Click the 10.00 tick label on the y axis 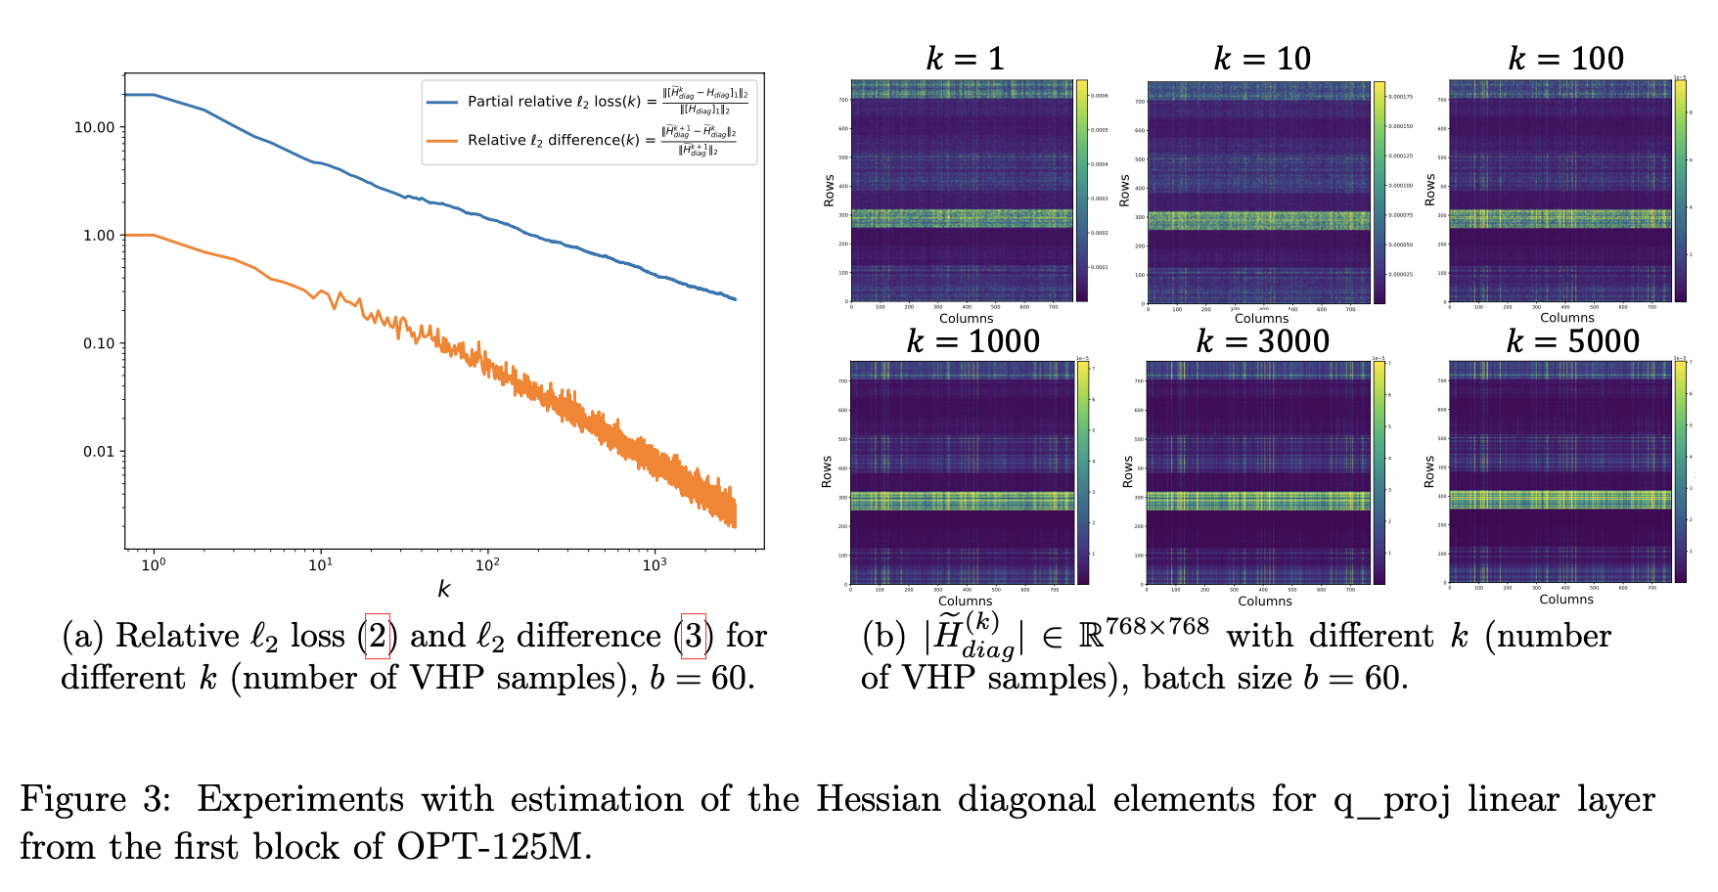point(94,127)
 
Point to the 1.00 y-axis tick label point(98,235)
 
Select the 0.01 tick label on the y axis point(98,451)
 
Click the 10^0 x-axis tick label point(153,564)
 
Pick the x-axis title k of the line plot point(444,589)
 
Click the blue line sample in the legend point(442,102)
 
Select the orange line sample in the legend point(442,140)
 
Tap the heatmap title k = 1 point(965,59)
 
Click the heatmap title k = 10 point(1262,59)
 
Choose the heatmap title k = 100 point(1565,59)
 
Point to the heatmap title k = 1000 point(972,341)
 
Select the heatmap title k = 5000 point(1572,341)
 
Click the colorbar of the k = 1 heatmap point(1082,191)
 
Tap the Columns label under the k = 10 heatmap point(1261,319)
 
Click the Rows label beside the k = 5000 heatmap point(1429,471)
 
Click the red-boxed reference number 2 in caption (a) point(378,637)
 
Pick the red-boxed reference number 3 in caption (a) point(693,637)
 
